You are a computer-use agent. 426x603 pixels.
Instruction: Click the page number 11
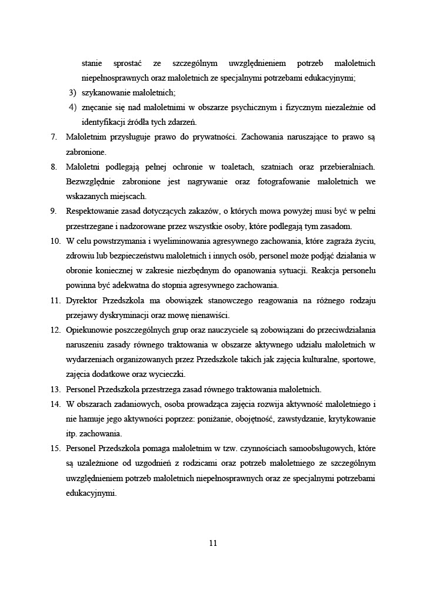click(x=213, y=543)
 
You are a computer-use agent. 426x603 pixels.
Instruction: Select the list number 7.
click(x=53, y=137)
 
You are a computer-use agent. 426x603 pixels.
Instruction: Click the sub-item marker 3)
click(x=72, y=92)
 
